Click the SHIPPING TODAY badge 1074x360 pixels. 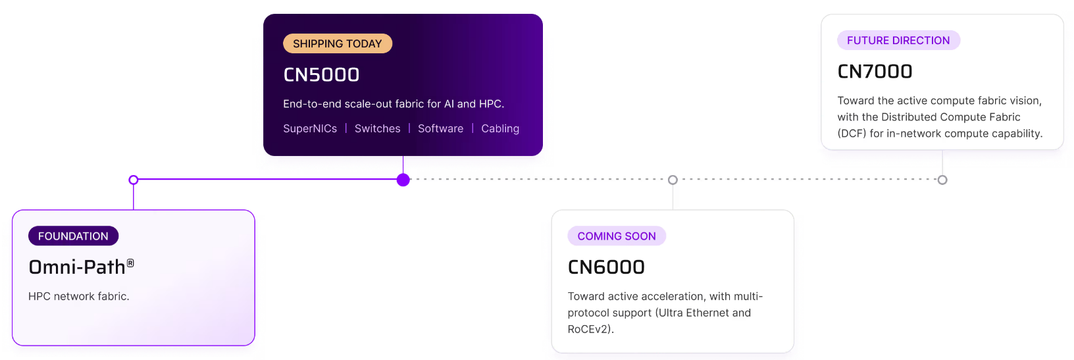[x=338, y=43]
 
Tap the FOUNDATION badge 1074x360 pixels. [x=73, y=236]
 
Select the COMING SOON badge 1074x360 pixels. [x=617, y=236]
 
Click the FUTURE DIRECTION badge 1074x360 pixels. [x=898, y=40]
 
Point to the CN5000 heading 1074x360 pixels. [x=321, y=75]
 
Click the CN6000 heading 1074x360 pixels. [x=606, y=267]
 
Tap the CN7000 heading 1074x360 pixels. [x=875, y=72]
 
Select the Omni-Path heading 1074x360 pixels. [x=81, y=267]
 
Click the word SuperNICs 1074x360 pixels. [x=310, y=128]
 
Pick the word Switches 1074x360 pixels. [x=377, y=128]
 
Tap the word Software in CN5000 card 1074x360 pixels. [x=441, y=128]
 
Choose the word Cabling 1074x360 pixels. [x=500, y=128]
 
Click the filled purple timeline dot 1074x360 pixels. [x=403, y=180]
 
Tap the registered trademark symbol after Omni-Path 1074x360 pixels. [x=130, y=263]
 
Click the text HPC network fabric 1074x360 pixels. [x=78, y=296]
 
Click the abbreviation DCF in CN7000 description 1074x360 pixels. [x=852, y=133]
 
